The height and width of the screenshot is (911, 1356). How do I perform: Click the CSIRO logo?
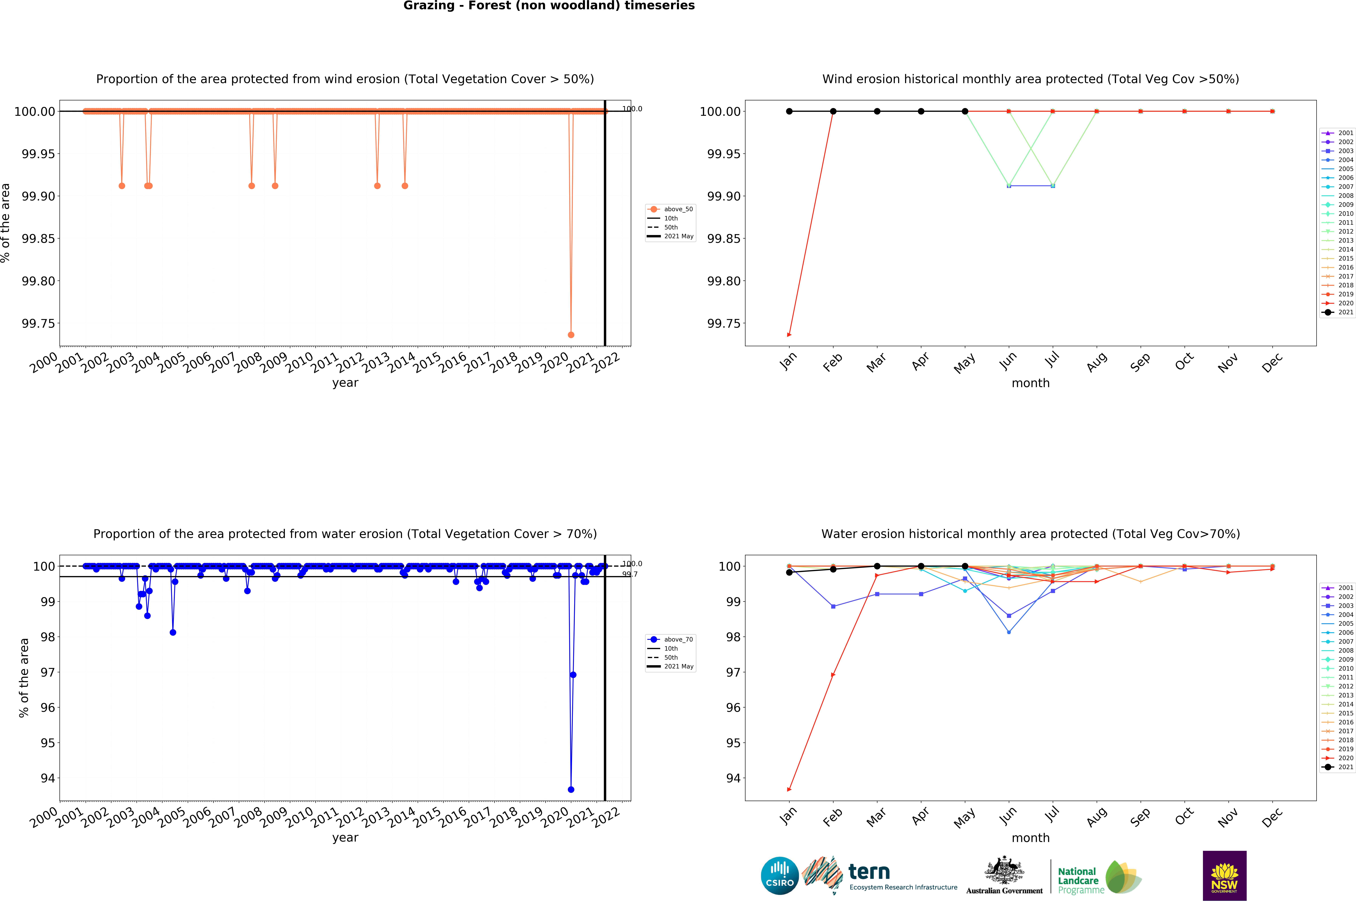coord(779,875)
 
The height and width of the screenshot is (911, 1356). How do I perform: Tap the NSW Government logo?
coord(1224,875)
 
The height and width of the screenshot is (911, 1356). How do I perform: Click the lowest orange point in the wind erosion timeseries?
coord(571,335)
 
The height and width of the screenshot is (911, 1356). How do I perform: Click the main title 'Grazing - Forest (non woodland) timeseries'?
coord(549,6)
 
